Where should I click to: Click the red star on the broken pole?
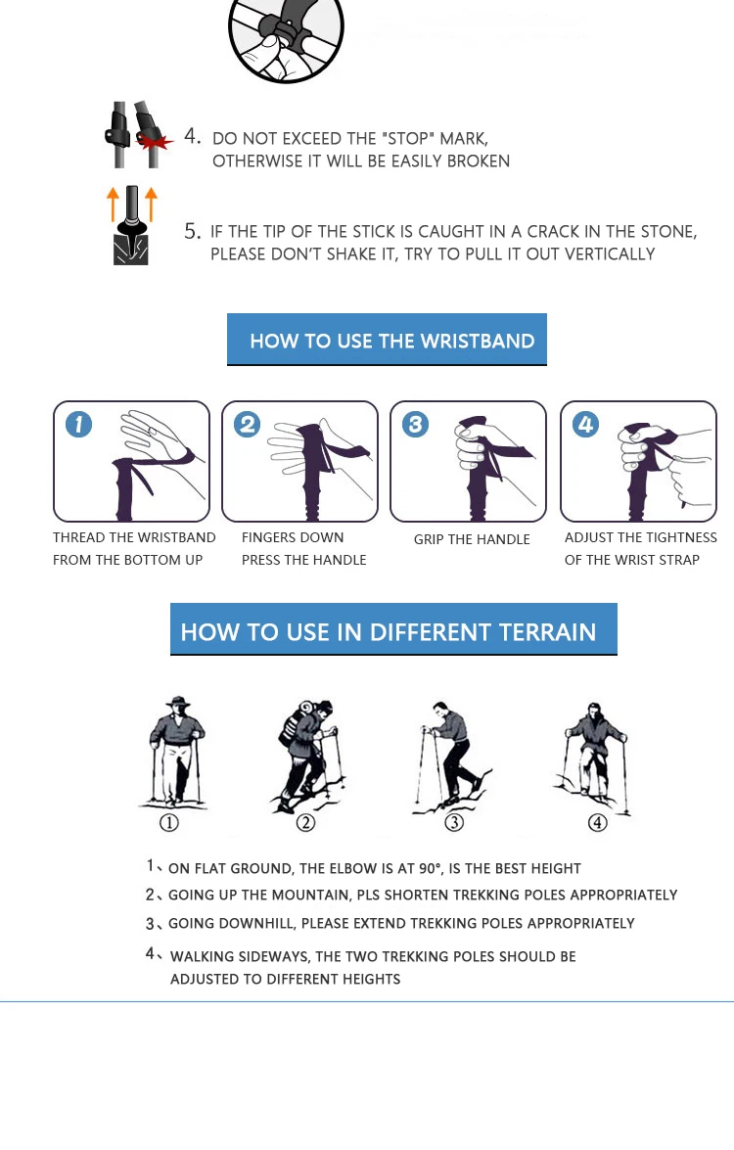[x=155, y=140]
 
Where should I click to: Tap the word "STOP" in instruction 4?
[x=408, y=139]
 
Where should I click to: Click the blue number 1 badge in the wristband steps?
[x=79, y=424]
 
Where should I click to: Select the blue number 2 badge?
[x=247, y=424]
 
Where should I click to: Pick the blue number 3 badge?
[x=415, y=424]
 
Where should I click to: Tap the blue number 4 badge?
[x=585, y=424]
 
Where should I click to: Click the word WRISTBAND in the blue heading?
[x=478, y=341]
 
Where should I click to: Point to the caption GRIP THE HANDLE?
[x=472, y=540]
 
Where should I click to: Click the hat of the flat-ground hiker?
[x=177, y=701]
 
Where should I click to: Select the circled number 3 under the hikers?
[x=455, y=822]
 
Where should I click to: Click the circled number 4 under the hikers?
[x=598, y=822]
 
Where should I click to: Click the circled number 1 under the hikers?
[x=169, y=822]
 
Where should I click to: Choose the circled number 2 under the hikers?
[x=305, y=822]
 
